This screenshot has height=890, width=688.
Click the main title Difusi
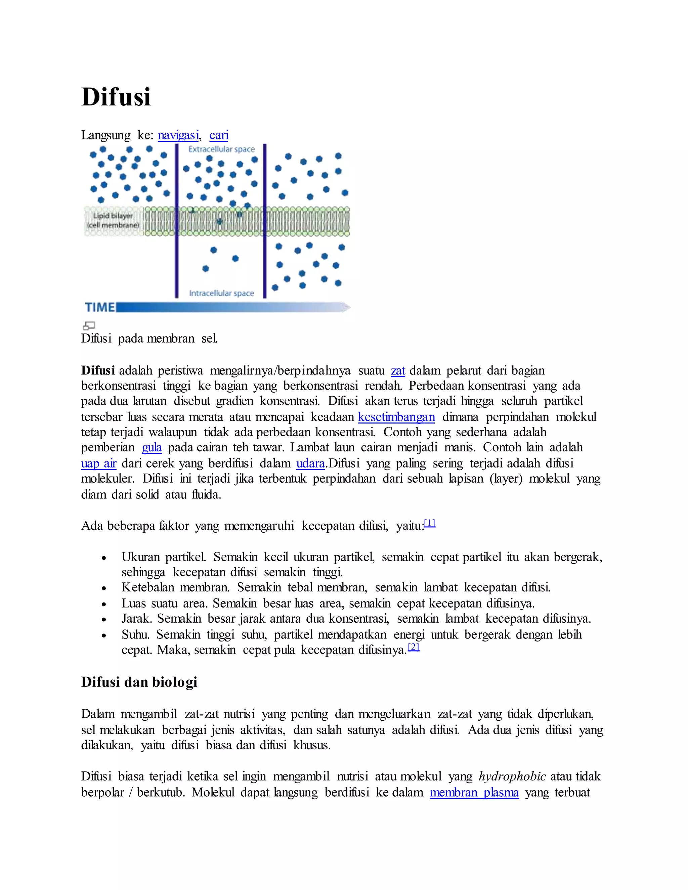116,97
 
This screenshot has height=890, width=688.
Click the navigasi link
178,135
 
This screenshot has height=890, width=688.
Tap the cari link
219,135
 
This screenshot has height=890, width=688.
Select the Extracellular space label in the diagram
221,149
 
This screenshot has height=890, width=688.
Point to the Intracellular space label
221,294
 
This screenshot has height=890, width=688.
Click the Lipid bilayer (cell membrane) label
113,220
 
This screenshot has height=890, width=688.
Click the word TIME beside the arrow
99,307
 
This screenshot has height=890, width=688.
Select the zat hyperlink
398,371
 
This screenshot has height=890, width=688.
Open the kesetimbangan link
396,417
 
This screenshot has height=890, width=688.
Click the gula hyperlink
152,448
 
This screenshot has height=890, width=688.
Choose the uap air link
99,464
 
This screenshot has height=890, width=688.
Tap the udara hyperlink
310,464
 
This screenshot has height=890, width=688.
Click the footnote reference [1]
430,523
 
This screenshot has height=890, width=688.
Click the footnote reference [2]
414,647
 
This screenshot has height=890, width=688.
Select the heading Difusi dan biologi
139,682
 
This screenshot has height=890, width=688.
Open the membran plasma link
474,793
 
